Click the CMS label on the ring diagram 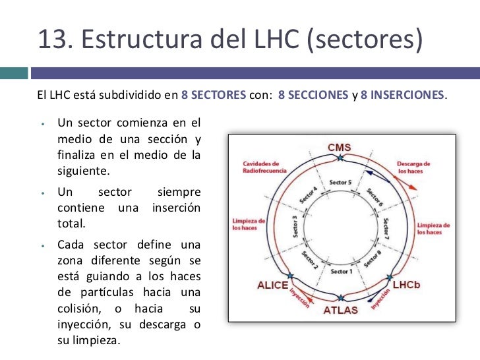(340, 147)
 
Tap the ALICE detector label (272, 285)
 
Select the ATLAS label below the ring (340, 309)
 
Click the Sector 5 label (341, 182)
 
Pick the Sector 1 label (341, 271)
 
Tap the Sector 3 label (296, 226)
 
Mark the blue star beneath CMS (340, 158)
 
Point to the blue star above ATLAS (340, 297)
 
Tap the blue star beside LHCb (390, 276)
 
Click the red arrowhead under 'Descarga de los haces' (413, 187)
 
